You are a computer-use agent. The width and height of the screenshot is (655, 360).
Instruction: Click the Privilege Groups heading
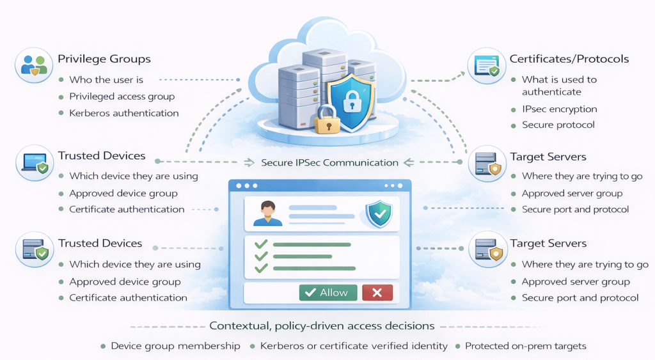coord(104,59)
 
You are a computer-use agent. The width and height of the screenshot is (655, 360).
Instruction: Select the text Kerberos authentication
coord(124,113)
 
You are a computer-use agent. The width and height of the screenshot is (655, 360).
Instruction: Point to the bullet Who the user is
coord(106,80)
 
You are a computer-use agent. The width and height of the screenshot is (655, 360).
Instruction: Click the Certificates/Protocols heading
coord(569,59)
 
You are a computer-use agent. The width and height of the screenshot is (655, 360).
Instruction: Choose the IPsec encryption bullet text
coord(560,109)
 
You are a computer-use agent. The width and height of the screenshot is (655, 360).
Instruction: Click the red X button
coord(377,292)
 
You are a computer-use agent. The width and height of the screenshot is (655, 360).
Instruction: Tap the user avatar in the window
coord(267,213)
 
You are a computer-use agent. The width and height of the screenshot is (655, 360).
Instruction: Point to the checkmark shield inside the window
coord(378,213)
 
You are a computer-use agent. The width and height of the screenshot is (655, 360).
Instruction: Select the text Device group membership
coord(175,346)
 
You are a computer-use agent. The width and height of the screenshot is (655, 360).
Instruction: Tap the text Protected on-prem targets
coord(525,346)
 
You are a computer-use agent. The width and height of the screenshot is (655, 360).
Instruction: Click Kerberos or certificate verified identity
coord(354,346)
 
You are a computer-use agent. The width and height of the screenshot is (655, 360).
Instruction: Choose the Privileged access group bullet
coord(122,97)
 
